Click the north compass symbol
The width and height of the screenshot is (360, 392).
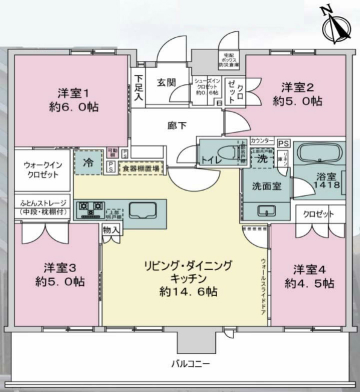pyautogui.click(x=335, y=26)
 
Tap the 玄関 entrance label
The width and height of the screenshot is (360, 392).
pyautogui.click(x=166, y=83)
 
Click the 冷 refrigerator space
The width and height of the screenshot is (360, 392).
pyautogui.click(x=88, y=162)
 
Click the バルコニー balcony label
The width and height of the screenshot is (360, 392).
pyautogui.click(x=189, y=365)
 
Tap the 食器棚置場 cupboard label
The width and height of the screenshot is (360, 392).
pyautogui.click(x=141, y=169)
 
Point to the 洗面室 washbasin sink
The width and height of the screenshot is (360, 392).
pyautogui.click(x=266, y=210)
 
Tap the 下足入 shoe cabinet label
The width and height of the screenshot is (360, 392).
pyautogui.click(x=139, y=87)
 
